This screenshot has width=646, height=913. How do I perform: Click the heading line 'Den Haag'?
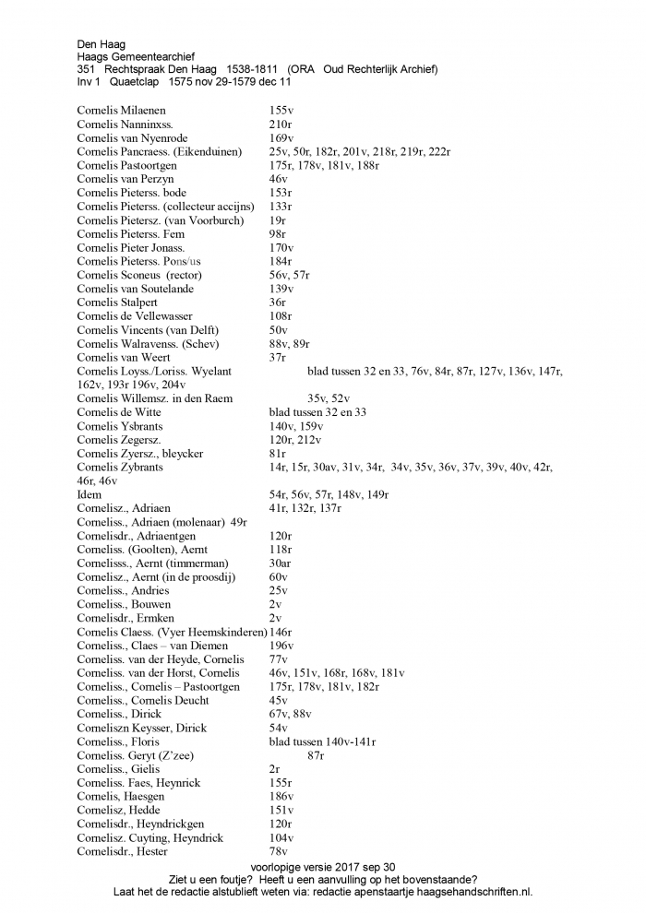click(x=101, y=43)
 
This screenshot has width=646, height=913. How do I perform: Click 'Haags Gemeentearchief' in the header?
click(x=136, y=56)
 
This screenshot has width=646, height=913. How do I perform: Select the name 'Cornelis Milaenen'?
click(x=122, y=111)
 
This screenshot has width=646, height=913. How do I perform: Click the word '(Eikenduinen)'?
click(x=212, y=151)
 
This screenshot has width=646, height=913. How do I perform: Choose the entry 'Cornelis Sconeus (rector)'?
click(x=139, y=275)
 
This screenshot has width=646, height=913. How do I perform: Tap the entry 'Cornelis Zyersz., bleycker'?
click(x=140, y=454)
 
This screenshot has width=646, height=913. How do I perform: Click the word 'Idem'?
click(x=90, y=494)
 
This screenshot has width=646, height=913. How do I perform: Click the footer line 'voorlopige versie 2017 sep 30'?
click(x=322, y=867)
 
